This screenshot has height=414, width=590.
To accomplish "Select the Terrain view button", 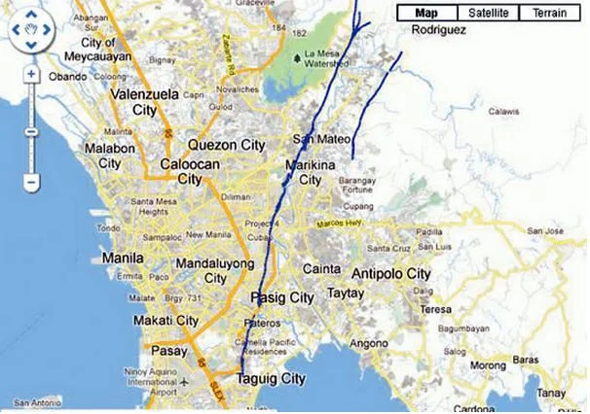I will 549,13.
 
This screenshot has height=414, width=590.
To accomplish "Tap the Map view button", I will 424,13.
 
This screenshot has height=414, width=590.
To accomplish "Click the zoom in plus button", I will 31,74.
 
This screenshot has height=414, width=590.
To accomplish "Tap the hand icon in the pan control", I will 31,30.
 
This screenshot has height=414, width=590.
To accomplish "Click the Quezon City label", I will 226,145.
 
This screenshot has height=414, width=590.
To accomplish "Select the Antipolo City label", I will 390,273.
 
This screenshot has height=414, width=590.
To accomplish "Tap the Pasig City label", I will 281,296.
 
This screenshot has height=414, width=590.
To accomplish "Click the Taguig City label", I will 272,379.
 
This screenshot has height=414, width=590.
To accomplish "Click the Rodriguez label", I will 439,30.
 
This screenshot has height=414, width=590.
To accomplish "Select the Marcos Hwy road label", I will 338,225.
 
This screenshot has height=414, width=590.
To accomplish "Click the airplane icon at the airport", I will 183,381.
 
